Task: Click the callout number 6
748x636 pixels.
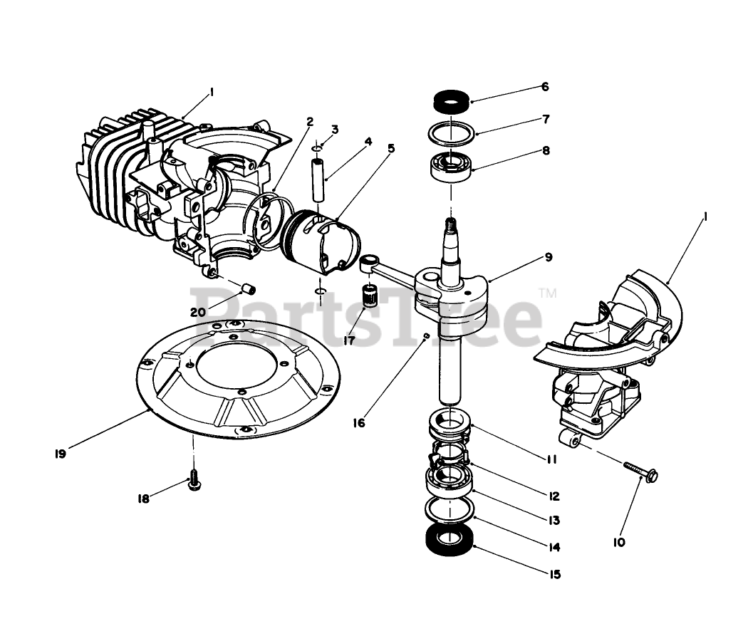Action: (x=544, y=87)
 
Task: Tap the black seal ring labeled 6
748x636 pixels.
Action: (x=450, y=100)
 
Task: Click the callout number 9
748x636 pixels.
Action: (x=547, y=256)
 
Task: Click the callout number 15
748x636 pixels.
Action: (x=555, y=573)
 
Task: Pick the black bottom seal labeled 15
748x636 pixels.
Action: (x=449, y=539)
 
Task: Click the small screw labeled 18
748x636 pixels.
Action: (x=192, y=482)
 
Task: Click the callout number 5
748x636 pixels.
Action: (x=391, y=149)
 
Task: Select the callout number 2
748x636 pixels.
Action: (x=310, y=122)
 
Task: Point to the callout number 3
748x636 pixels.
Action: (x=334, y=129)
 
